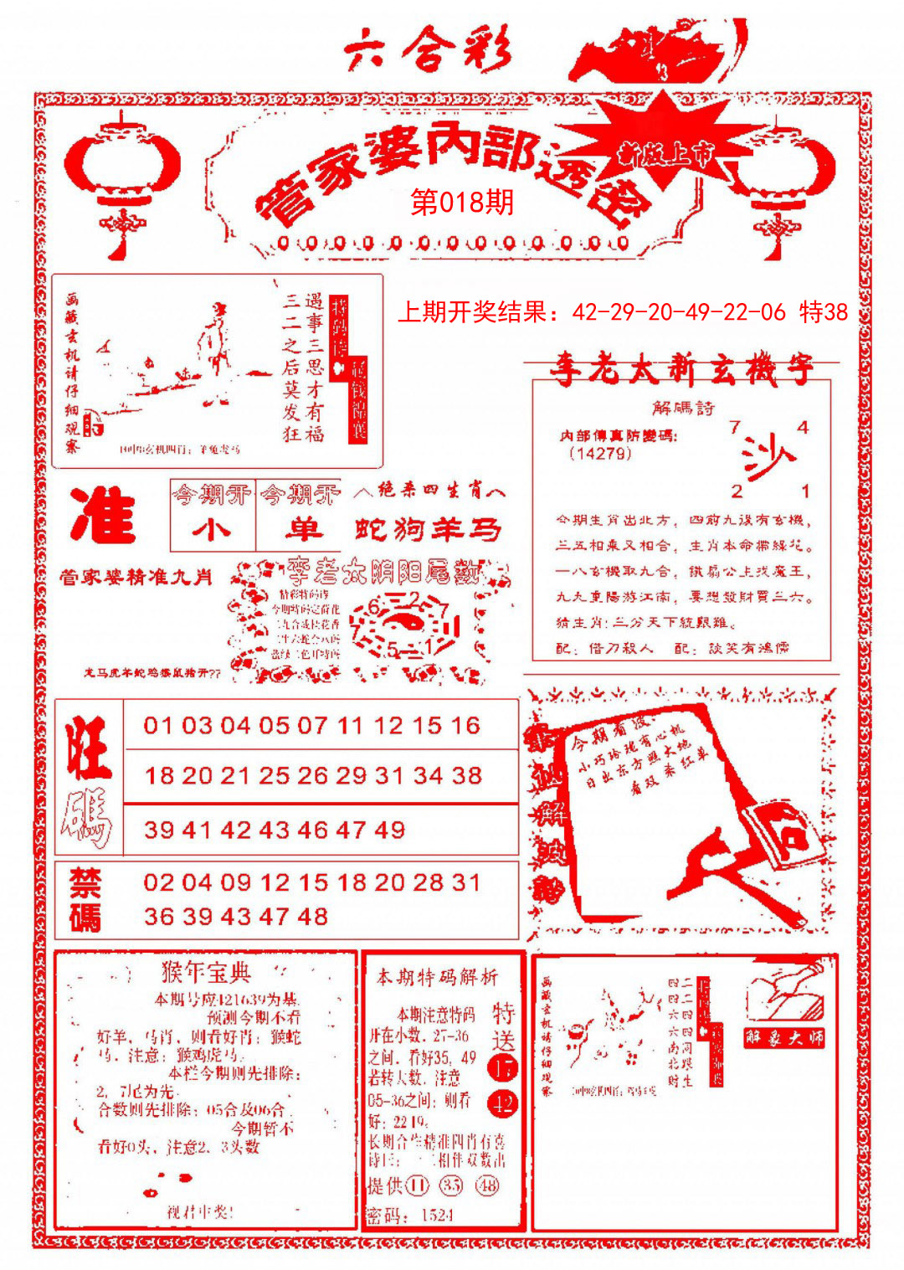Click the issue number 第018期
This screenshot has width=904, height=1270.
pyautogui.click(x=462, y=203)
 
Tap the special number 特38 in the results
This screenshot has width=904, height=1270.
pyautogui.click(x=824, y=313)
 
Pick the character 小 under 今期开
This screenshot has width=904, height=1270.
pyautogui.click(x=212, y=529)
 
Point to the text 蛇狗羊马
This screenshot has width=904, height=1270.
pyautogui.click(x=428, y=529)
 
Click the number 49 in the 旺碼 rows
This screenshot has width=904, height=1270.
pyautogui.click(x=390, y=830)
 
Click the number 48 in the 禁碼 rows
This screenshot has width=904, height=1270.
pyautogui.click(x=312, y=917)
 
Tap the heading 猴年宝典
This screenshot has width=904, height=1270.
pyautogui.click(x=206, y=973)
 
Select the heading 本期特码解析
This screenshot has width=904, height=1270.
pyautogui.click(x=437, y=977)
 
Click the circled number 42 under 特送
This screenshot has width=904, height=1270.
pyautogui.click(x=504, y=1103)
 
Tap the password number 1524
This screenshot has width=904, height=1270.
pyautogui.click(x=437, y=1216)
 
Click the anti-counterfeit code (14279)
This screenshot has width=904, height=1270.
pyautogui.click(x=600, y=454)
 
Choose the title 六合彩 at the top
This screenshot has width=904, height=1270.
pyautogui.click(x=427, y=50)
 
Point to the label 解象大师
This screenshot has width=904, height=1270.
pyautogui.click(x=784, y=1038)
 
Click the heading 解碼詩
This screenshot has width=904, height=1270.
pyautogui.click(x=684, y=408)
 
